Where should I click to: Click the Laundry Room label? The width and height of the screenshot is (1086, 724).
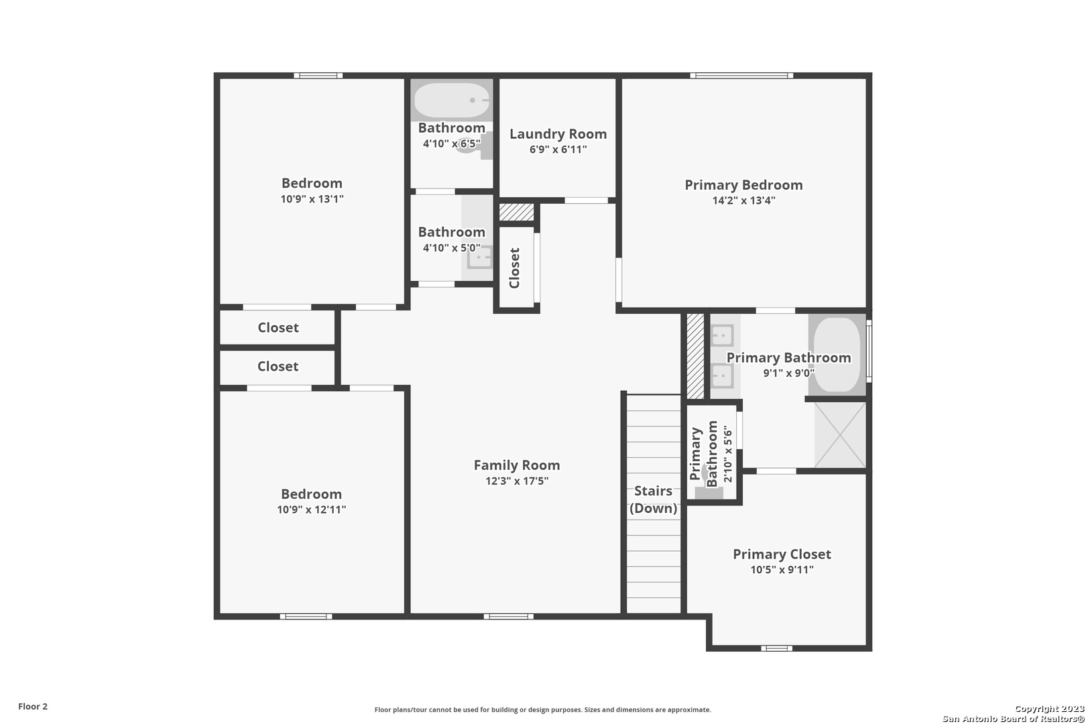558,134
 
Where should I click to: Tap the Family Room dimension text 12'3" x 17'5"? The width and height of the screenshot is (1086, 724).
517,481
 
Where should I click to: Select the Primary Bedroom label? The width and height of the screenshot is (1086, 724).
743,185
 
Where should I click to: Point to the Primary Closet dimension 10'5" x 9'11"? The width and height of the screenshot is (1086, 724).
782,570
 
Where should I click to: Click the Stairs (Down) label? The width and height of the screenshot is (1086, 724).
653,499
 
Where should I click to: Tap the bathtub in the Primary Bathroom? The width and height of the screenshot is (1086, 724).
837,355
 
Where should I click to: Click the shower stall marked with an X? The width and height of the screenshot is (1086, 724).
840,435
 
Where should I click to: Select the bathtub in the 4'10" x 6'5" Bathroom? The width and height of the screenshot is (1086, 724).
452,100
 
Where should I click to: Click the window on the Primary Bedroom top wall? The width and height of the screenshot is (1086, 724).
742,76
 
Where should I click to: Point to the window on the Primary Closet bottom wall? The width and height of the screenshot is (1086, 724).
776,648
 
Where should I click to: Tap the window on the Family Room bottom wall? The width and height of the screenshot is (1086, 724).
509,616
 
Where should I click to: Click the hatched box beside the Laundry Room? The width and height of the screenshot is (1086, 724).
517,212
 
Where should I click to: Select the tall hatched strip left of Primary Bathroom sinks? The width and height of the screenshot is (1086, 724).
695,357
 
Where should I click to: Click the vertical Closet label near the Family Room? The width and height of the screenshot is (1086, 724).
515,267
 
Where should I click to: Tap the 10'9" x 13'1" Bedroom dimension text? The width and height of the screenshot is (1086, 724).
312,199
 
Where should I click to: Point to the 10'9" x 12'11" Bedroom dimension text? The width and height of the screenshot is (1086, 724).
311,509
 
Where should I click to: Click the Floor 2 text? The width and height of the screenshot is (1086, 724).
33,707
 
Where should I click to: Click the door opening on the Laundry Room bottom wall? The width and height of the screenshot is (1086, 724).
586,200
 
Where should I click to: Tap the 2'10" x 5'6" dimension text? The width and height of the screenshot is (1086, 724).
728,454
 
